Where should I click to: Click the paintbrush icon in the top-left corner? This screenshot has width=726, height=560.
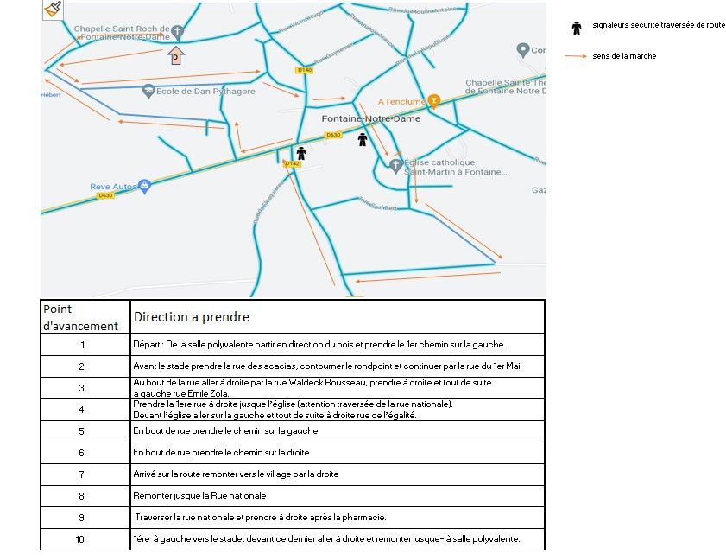52,9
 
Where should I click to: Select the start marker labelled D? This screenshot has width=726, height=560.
175,56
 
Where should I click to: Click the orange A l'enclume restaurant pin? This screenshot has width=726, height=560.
434,99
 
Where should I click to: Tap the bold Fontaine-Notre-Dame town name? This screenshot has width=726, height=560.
370,118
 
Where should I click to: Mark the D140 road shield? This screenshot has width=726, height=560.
304,70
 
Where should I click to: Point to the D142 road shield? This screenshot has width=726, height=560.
292,162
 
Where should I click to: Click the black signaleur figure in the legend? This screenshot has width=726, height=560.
577,27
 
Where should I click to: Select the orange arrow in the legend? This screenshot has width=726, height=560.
576,57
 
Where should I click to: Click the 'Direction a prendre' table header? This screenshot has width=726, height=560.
192,317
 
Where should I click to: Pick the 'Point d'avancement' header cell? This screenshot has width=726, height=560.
80,317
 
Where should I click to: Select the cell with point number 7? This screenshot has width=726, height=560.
81,474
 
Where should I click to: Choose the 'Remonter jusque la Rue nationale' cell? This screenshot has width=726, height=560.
200,496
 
